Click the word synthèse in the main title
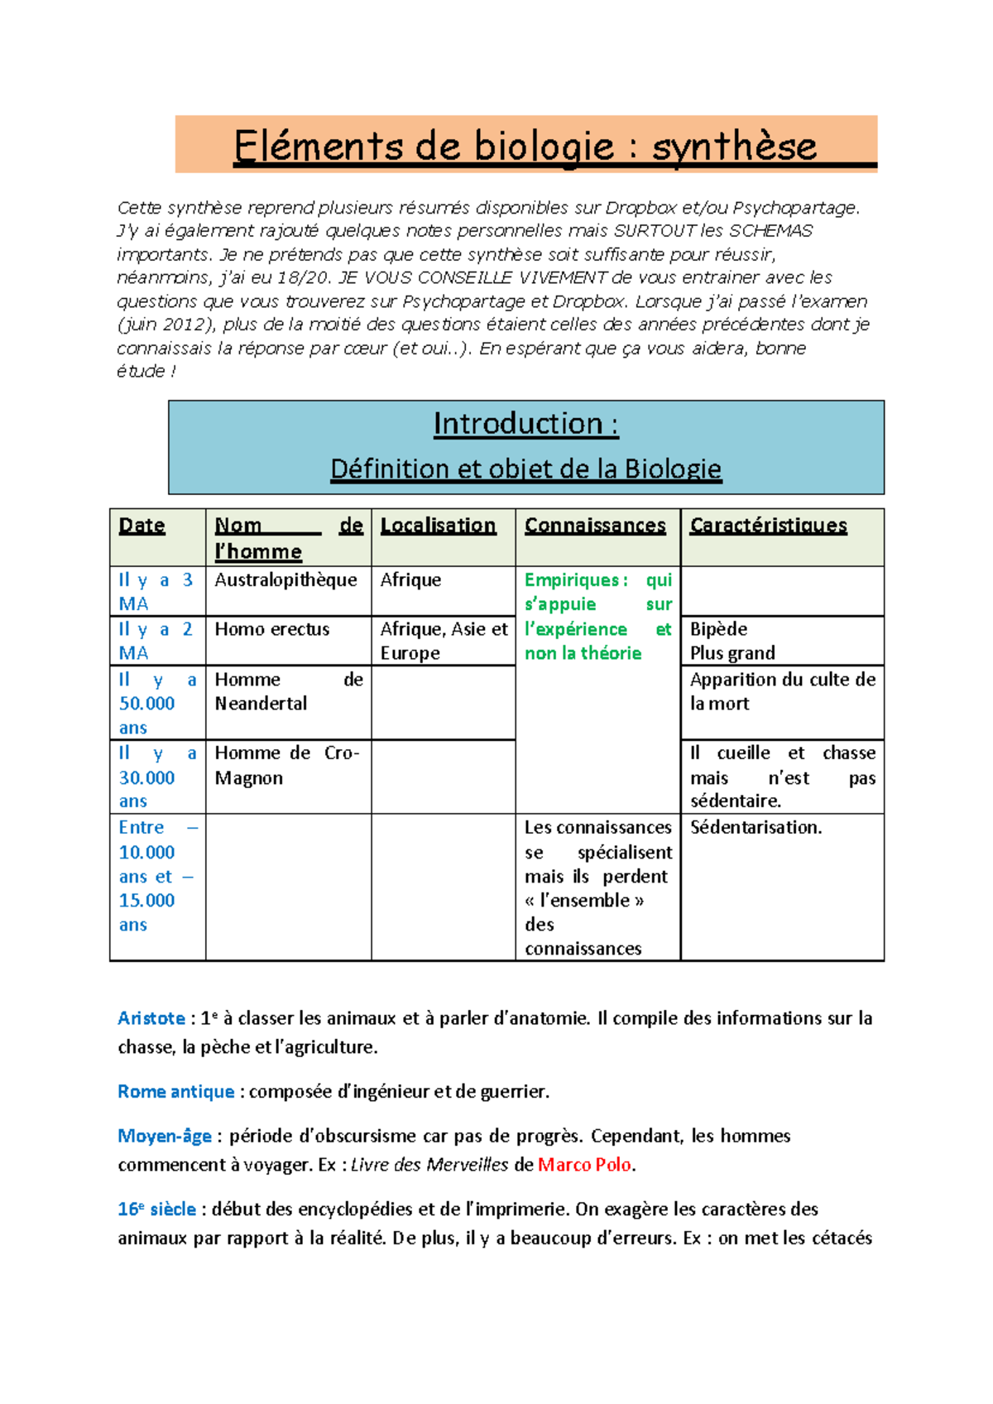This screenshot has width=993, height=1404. (x=734, y=147)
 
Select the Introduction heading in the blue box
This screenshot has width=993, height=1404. (x=525, y=424)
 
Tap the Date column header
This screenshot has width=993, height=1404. (x=142, y=526)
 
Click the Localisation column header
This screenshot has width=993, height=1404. (x=438, y=526)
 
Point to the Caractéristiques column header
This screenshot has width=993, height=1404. (x=768, y=526)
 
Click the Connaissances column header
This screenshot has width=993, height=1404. (x=595, y=526)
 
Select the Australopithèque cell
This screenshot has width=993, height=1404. (x=285, y=580)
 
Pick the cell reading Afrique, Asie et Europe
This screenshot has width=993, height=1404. (x=443, y=641)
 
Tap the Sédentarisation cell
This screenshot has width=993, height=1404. (x=756, y=828)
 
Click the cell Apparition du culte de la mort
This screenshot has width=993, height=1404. (x=781, y=691)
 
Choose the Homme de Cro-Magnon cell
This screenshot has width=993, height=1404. (x=285, y=765)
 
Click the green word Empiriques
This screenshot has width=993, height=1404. (x=572, y=580)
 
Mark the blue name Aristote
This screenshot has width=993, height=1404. (x=151, y=1018)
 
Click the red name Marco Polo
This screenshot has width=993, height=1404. (x=584, y=1165)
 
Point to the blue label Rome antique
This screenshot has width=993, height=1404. (x=175, y=1092)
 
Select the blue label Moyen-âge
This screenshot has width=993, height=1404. (x=165, y=1136)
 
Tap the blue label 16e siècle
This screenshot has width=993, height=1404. (x=156, y=1209)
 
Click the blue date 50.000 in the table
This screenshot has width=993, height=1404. (x=147, y=704)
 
